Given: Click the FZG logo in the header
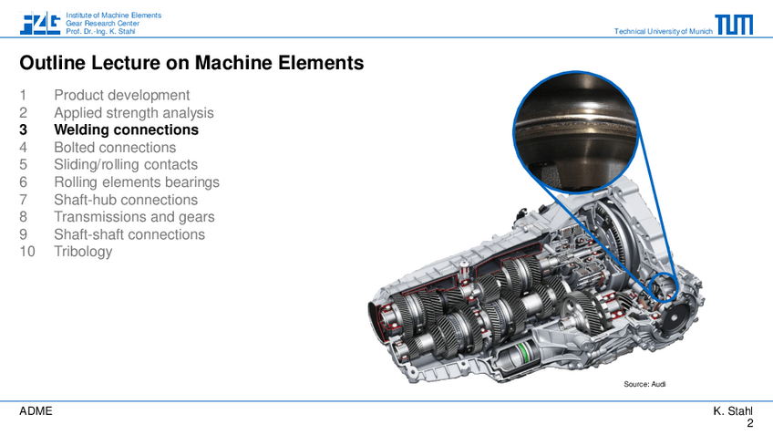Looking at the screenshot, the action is tap(40, 23).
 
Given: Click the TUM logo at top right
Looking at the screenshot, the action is tap(734, 25).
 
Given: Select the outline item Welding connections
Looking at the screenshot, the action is tap(126, 129).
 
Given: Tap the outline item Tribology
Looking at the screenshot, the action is tap(83, 252).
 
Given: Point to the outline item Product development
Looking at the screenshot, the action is tap(122, 95).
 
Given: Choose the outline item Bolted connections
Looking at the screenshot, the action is tap(115, 148).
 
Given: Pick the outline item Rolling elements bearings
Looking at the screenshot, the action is tap(137, 182).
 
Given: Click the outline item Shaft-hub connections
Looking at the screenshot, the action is tap(126, 200).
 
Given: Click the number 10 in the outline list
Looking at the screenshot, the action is tap(27, 252).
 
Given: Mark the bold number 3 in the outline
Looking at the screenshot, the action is tap(23, 129).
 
